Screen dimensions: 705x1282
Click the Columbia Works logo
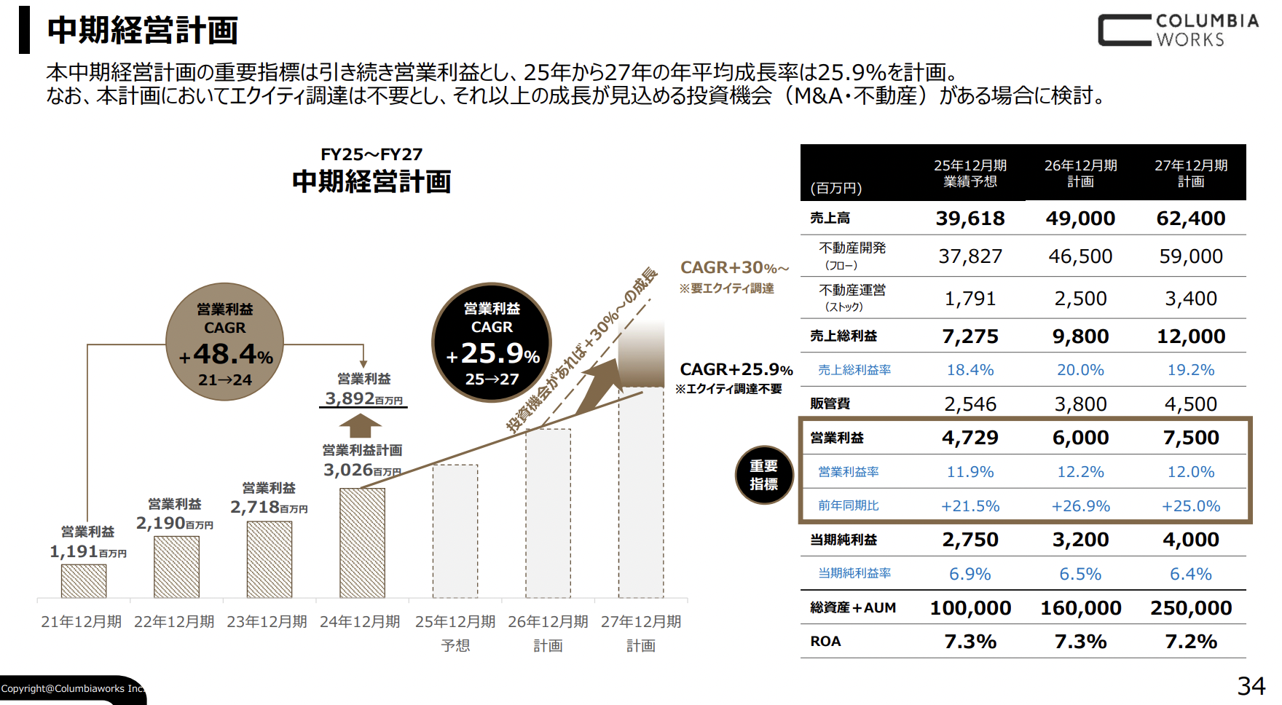tap(1178, 31)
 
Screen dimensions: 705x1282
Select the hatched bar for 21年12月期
tap(84, 580)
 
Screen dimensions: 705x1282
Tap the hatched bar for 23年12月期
tap(269, 559)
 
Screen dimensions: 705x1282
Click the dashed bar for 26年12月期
tap(548, 513)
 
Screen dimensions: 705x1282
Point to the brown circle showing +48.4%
tap(224, 342)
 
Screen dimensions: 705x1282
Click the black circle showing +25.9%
tap(492, 342)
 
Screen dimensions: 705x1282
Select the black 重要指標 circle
tap(763, 475)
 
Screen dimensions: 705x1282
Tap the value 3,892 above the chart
tap(350, 398)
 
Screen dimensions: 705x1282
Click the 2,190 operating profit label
tap(160, 523)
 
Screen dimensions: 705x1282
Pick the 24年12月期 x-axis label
tap(360, 621)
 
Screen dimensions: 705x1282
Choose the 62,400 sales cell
tap(1190, 218)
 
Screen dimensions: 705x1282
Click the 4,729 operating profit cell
tap(970, 438)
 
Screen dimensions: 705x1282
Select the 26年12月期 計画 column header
tap(1080, 173)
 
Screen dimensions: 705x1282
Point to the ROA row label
tap(825, 642)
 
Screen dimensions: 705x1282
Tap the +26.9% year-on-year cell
tap(1080, 506)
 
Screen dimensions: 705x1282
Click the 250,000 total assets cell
tap(1190, 608)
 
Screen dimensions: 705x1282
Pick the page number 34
tap(1251, 686)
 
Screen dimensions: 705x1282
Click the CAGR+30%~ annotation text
tap(734, 268)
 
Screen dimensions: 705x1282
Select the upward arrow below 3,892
tap(360, 425)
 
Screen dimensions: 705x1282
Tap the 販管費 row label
tap(830, 403)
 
